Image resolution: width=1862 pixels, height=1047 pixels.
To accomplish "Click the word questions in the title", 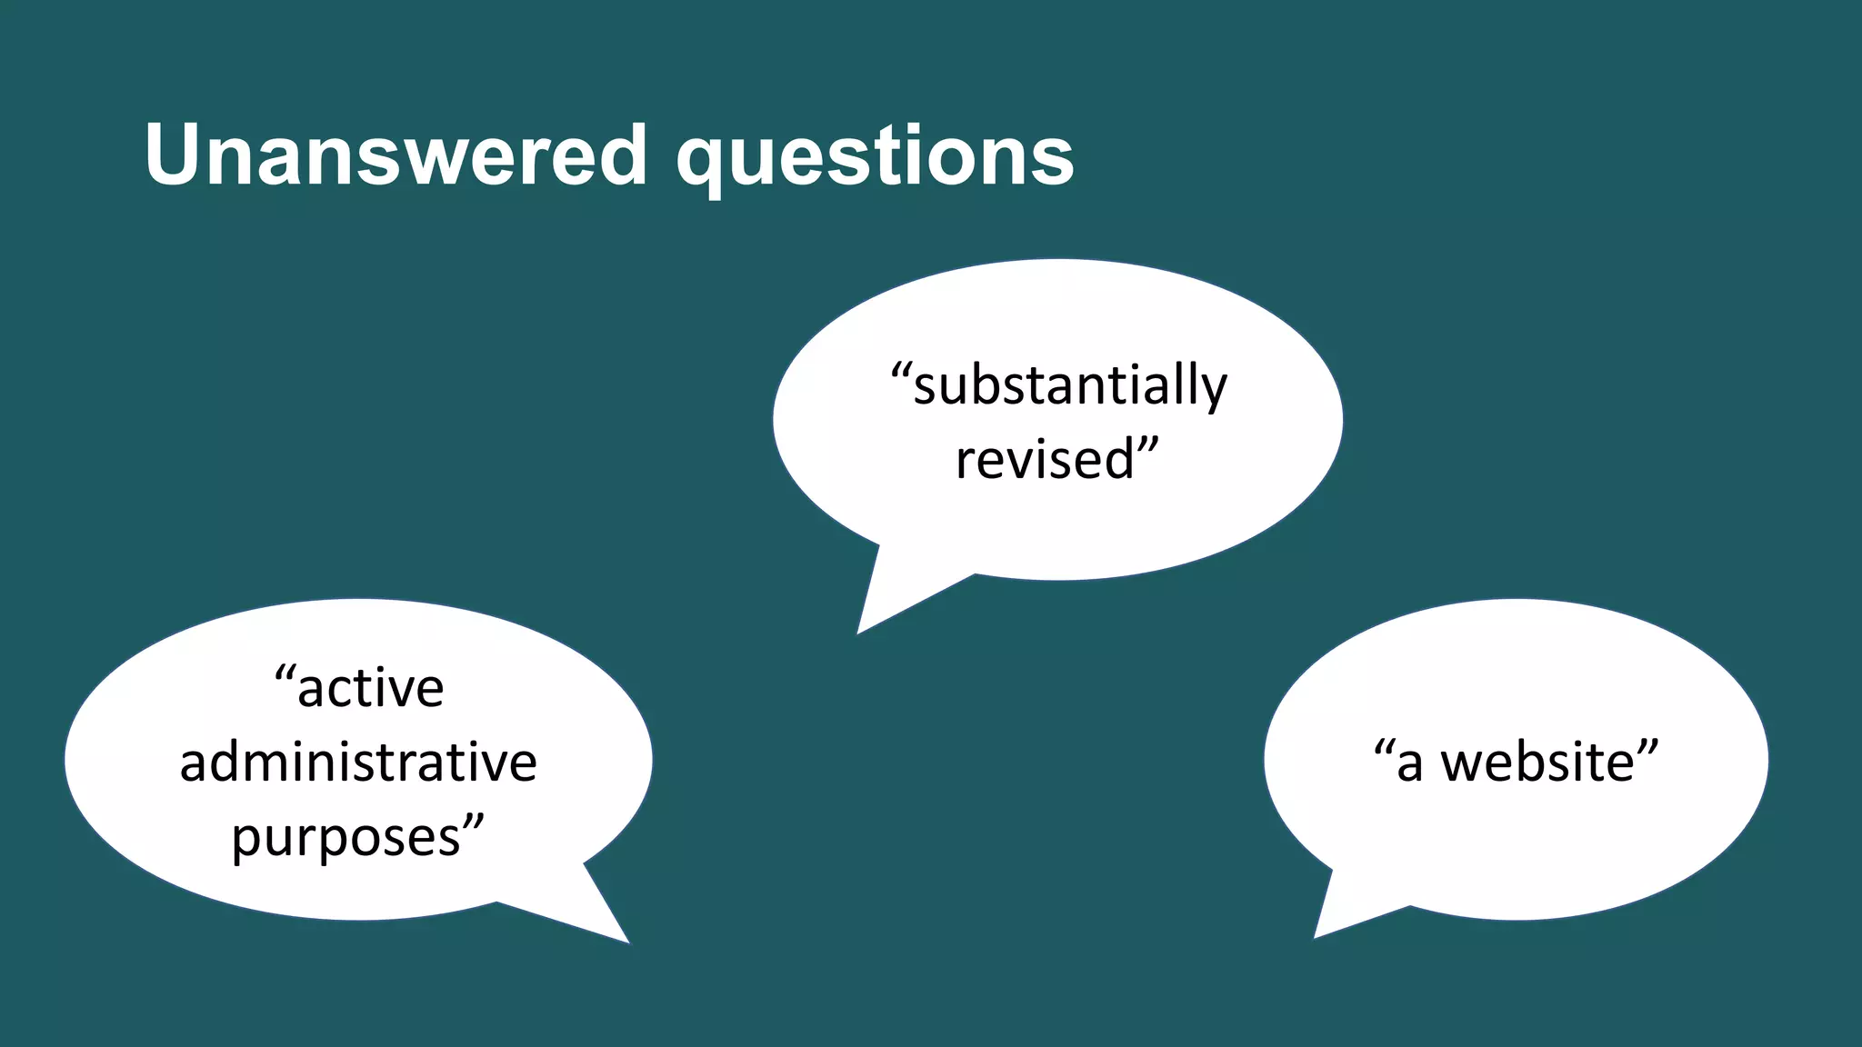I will pos(875,159).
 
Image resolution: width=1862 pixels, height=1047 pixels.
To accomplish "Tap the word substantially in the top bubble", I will pos(1070,385).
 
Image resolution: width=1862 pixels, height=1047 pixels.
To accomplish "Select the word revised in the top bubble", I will pos(1045,459).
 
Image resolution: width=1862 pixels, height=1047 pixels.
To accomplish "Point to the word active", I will pos(370,688).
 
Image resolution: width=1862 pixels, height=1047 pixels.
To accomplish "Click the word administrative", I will pos(358,762).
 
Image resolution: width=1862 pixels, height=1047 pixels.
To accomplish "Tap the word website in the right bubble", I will pos(1538,762).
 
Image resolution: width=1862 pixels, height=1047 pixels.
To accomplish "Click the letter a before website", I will pos(1408,763).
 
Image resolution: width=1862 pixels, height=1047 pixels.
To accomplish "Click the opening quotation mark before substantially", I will pos(901,371).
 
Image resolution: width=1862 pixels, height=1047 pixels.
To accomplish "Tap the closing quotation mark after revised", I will pos(1148,444).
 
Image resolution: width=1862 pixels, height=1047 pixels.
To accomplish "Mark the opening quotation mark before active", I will pos(285,673).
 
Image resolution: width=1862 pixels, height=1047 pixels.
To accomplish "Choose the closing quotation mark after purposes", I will pos(474,823).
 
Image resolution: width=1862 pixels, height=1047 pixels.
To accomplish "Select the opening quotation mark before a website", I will pos(1384,748).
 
